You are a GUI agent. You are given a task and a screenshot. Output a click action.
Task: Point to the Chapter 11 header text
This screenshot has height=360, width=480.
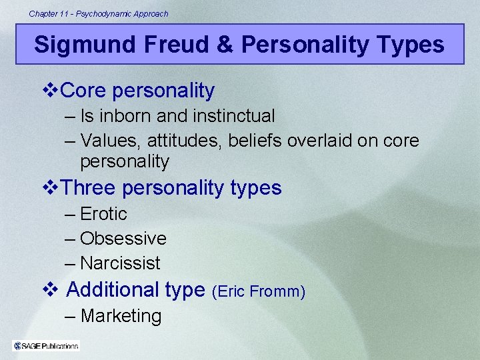click(x=99, y=13)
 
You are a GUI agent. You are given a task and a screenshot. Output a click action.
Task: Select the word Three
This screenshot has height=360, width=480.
click(x=89, y=188)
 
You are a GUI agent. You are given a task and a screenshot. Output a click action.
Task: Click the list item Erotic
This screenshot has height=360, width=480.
click(x=103, y=214)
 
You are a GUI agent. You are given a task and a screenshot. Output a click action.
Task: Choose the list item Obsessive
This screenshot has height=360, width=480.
click(x=123, y=239)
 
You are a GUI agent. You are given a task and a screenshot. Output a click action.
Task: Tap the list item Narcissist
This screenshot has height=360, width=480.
click(x=120, y=263)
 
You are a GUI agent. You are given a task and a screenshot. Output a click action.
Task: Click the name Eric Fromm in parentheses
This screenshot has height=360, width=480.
click(x=258, y=291)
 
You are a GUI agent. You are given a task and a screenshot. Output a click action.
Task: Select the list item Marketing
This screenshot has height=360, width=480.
click(x=121, y=316)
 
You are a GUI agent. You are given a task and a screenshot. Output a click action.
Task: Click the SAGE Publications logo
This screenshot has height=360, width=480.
click(x=45, y=345)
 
